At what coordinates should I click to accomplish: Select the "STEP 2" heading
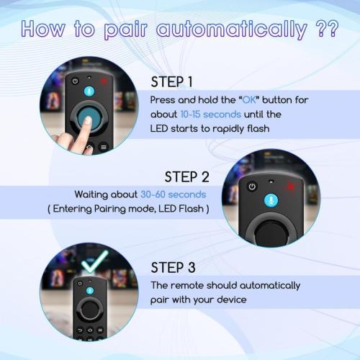(x=186, y=176)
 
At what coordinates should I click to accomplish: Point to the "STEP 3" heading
(x=173, y=267)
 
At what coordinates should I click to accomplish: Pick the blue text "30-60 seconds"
(x=173, y=194)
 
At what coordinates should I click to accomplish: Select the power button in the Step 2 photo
(x=252, y=186)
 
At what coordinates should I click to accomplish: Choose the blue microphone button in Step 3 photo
(x=91, y=290)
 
